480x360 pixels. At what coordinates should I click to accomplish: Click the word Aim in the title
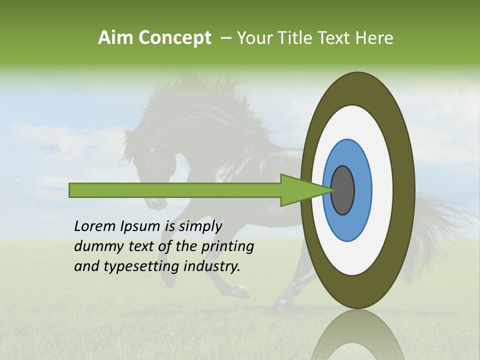tap(115, 38)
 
